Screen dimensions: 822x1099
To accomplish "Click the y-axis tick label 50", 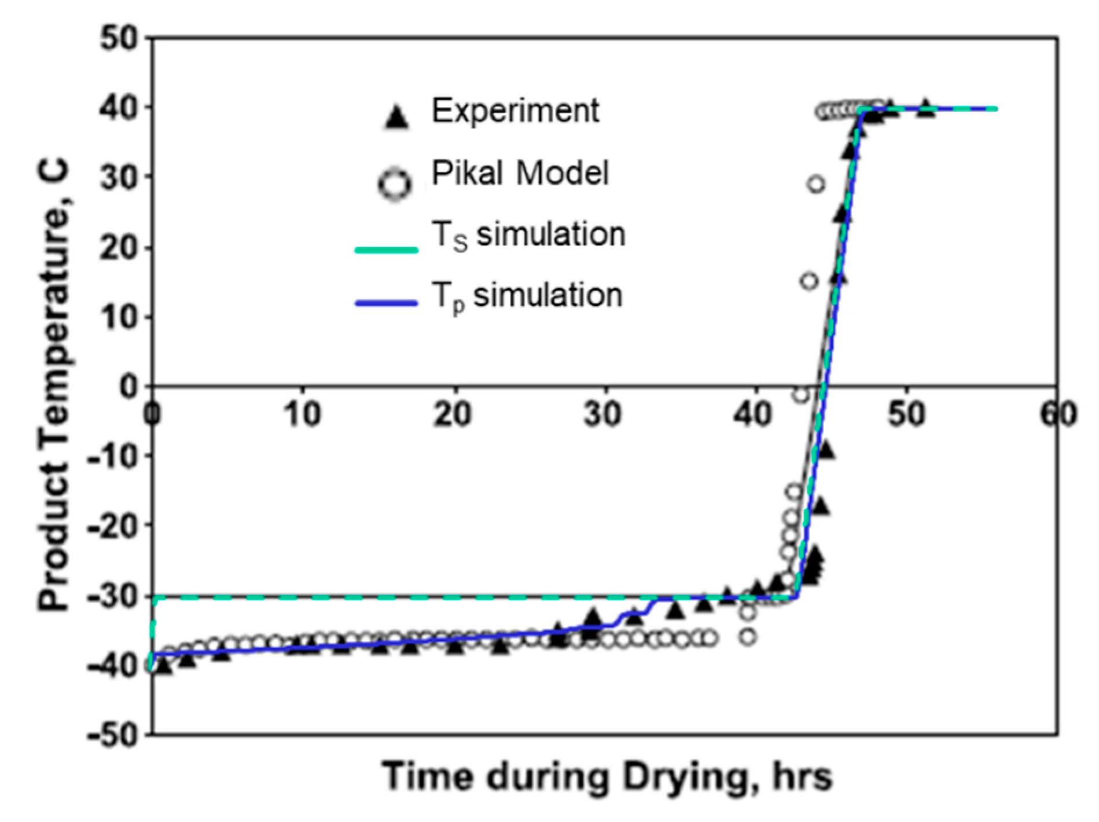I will tap(119, 39).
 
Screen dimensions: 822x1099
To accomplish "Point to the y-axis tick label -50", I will tap(113, 735).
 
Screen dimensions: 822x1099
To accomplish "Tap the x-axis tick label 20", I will tap(453, 414).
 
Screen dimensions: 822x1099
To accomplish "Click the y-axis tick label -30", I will tap(113, 596).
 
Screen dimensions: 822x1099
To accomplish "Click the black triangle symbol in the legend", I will tap(397, 118).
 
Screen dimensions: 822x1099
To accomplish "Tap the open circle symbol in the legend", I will tap(395, 185).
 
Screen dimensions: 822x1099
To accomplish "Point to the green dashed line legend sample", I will tap(386, 250).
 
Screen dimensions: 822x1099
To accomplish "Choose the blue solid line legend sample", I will tap(386, 303).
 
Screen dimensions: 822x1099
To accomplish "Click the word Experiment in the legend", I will tap(515, 111).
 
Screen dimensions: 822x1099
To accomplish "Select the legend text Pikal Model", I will tap(520, 173).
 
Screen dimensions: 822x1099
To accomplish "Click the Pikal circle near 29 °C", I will tap(816, 185).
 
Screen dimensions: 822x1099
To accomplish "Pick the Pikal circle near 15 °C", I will tap(809, 281).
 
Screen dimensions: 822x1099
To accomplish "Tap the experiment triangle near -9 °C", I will tap(826, 450).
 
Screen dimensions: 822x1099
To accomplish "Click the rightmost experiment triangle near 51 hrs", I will tap(926, 108).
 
